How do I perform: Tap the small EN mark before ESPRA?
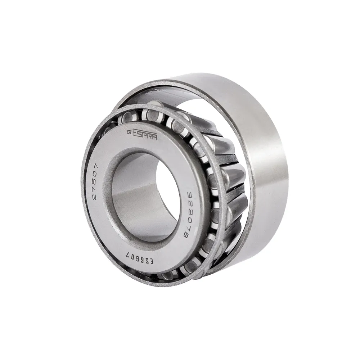point(130,131)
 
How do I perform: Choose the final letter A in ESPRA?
point(155,137)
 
